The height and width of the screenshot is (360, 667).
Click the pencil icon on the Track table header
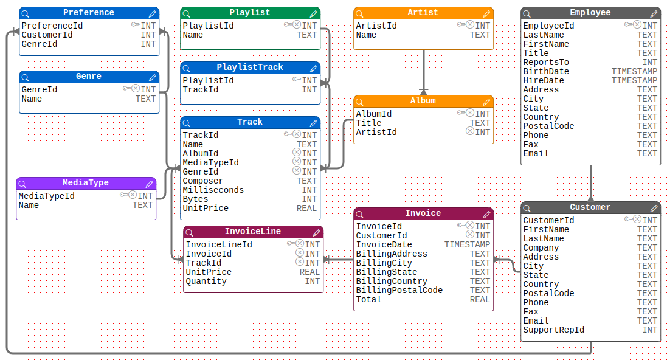click(x=313, y=123)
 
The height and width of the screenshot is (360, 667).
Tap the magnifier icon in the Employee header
click(x=527, y=13)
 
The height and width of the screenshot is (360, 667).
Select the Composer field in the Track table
click(x=203, y=181)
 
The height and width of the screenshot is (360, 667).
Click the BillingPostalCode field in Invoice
click(x=399, y=290)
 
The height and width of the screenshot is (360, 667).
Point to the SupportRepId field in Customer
click(x=553, y=330)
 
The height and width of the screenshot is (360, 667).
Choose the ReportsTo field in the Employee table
click(x=546, y=62)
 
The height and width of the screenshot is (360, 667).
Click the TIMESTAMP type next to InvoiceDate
click(x=467, y=244)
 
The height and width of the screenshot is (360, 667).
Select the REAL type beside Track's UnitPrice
click(x=306, y=208)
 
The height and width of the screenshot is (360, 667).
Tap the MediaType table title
click(x=86, y=183)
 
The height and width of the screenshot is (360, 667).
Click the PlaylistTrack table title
click(x=250, y=67)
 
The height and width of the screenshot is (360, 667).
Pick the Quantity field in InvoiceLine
click(x=206, y=281)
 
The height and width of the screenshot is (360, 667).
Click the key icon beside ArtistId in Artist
click(x=461, y=26)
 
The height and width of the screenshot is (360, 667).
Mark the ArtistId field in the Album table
click(x=376, y=132)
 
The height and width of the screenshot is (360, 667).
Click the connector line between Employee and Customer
click(x=590, y=182)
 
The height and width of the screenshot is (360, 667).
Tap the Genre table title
click(x=89, y=77)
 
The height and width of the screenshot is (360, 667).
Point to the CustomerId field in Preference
click(x=47, y=35)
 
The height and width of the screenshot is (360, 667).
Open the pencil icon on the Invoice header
click(x=486, y=214)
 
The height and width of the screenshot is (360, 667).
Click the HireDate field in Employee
click(x=544, y=80)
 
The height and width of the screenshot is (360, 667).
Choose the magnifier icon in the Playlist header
click(x=187, y=13)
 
